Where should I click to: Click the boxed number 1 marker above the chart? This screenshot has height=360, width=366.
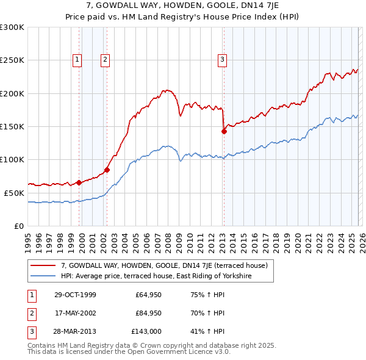click(78, 60)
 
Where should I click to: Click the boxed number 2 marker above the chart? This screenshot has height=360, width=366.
click(106, 60)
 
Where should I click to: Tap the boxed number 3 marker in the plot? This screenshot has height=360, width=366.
click(222, 60)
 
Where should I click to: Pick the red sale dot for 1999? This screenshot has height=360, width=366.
click(79, 182)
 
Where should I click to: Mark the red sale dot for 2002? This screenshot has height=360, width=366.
click(107, 170)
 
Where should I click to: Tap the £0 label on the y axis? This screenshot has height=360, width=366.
click(18, 226)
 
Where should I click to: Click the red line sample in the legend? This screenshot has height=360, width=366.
click(43, 265)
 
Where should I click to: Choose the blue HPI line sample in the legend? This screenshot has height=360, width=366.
click(43, 276)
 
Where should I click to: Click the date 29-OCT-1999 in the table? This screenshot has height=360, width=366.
click(75, 295)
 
